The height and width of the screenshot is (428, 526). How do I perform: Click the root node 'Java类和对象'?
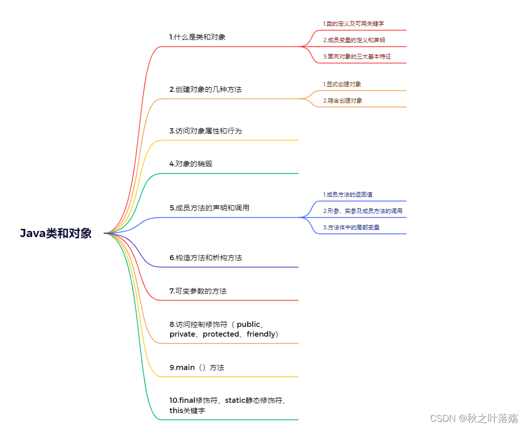click(55, 233)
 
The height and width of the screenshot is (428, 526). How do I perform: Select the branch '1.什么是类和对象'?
click(198, 37)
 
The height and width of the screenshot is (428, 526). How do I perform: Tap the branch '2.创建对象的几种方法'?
click(205, 89)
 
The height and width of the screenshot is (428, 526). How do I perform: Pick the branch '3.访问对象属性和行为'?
click(205, 131)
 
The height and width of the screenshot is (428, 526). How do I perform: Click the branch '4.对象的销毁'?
click(191, 164)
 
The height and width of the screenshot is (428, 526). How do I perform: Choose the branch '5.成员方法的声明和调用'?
click(209, 208)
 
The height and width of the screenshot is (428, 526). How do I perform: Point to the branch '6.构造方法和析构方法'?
click(206, 258)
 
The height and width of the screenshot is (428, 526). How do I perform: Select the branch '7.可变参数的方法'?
click(198, 291)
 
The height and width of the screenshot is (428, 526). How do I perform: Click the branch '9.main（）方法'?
click(197, 367)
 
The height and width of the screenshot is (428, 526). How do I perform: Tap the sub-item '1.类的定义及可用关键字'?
click(354, 24)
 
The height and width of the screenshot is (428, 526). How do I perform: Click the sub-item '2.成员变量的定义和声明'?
click(354, 40)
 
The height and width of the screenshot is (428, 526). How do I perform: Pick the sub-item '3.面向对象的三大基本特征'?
click(357, 56)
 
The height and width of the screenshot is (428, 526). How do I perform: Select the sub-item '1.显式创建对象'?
click(342, 84)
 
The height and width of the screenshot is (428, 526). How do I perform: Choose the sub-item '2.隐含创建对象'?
click(342, 101)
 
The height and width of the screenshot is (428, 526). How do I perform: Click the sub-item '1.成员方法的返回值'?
click(347, 194)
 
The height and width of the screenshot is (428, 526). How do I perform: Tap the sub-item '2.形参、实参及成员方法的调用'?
click(362, 211)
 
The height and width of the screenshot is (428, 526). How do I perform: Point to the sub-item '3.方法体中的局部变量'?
click(351, 227)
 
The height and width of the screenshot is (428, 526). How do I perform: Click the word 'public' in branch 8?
click(248, 324)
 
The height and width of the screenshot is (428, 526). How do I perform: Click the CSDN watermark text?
click(474, 418)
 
